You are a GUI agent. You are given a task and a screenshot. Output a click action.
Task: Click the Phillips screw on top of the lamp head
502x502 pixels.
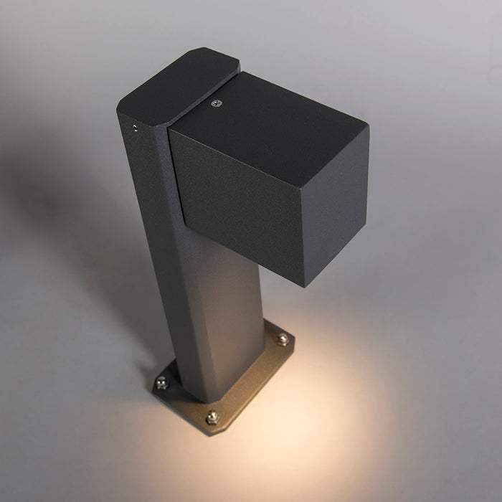216,103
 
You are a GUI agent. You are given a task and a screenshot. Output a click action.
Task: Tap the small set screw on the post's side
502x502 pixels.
133,128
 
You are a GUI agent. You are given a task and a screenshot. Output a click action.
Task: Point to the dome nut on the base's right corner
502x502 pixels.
283,338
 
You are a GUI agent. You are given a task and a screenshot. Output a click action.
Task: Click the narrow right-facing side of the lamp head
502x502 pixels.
337,208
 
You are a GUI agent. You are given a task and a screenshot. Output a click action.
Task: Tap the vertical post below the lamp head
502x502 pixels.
208,308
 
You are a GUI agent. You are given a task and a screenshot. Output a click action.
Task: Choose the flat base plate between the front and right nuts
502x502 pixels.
251,384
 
